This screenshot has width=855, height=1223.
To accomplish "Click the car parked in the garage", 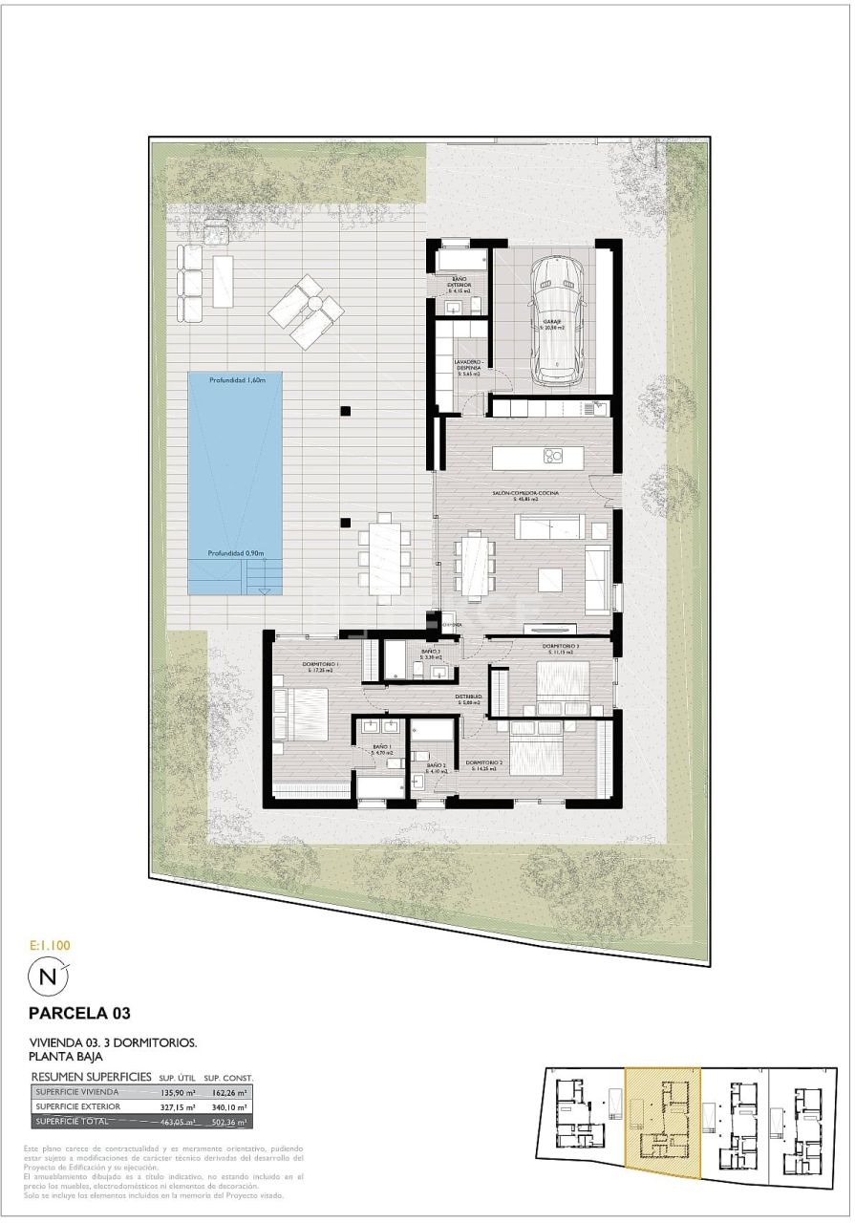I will coord(558,319).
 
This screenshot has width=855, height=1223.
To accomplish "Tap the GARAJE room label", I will coord(553,325).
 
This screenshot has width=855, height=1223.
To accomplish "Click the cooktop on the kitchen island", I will coord(553,456).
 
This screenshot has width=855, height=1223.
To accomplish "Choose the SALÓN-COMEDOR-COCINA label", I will coord(525,494).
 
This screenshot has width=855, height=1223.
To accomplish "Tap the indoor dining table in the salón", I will coord(475,564).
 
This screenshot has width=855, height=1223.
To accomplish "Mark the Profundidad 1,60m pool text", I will coord(235,380).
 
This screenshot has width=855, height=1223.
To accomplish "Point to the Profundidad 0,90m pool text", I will coord(235,553).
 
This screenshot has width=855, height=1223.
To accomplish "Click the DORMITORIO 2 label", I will coord(480,765).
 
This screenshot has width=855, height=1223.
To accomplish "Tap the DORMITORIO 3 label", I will coord(562,648).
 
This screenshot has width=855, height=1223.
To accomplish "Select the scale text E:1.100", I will coord(50,945).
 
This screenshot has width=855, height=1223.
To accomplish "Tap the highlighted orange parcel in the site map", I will coord(662,1120).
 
